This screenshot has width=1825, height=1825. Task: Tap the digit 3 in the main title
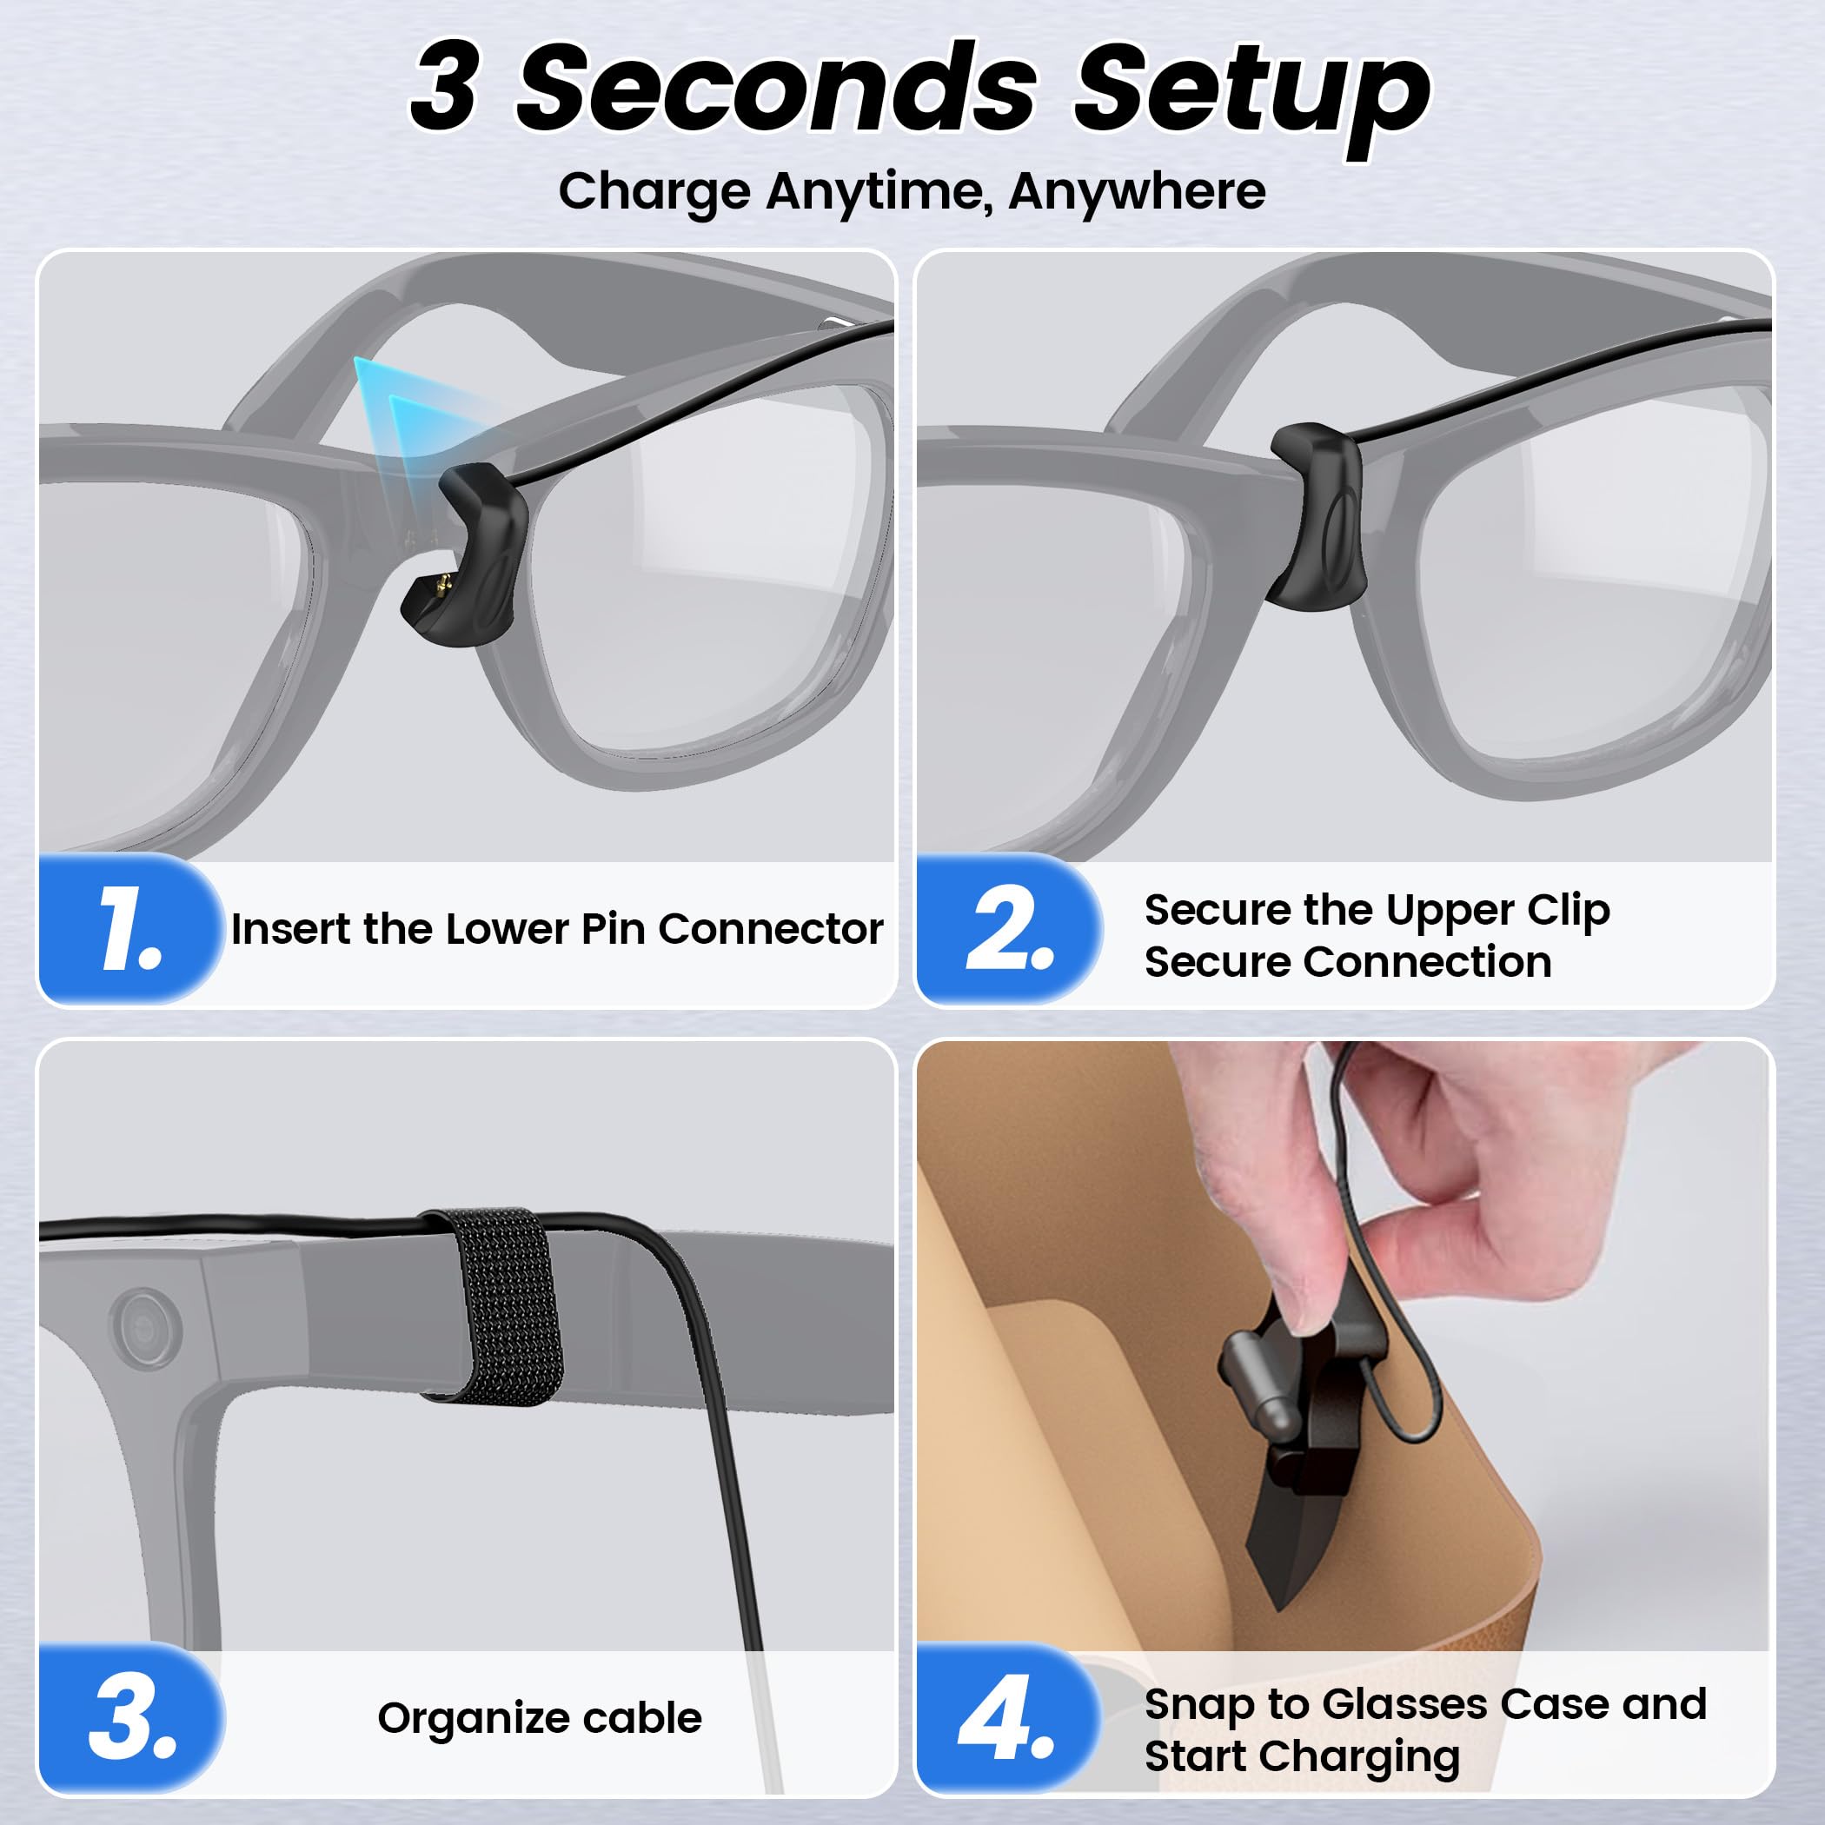(444, 87)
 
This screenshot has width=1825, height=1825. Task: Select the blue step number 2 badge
(1009, 928)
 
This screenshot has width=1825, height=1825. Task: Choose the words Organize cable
(540, 1718)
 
